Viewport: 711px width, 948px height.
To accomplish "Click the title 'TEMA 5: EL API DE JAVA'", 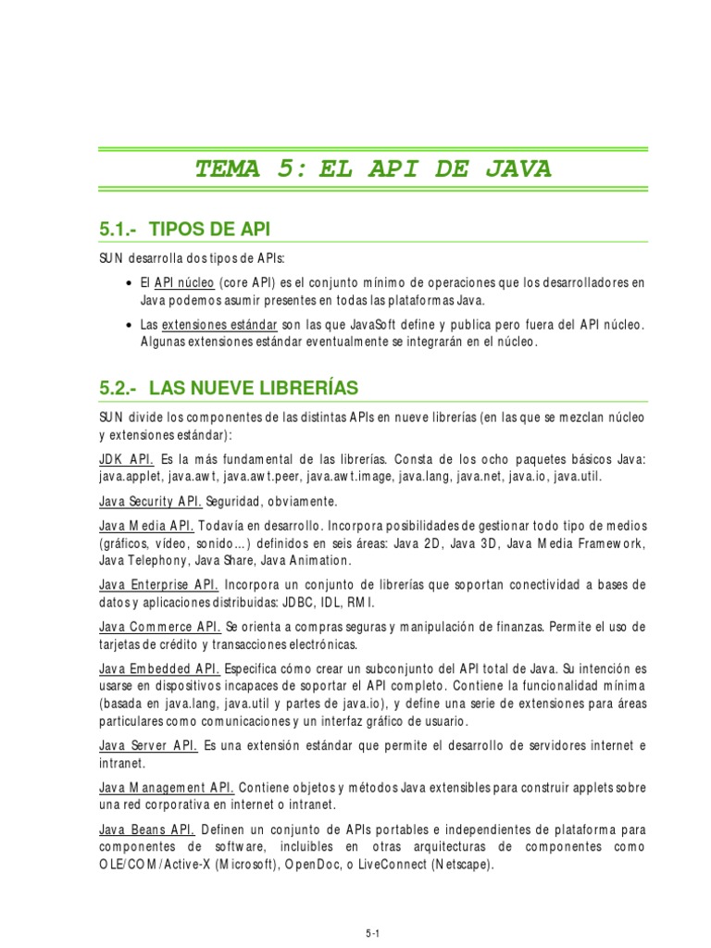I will [x=372, y=168].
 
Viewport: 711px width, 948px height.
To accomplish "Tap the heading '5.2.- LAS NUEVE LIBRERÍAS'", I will [x=228, y=387].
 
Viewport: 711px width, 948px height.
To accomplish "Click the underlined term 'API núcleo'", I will [x=184, y=282].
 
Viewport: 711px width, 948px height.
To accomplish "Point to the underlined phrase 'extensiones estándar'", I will [x=219, y=325].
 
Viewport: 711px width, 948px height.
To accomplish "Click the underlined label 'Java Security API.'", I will [x=150, y=501].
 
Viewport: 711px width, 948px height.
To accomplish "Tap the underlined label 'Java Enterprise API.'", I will [x=158, y=585].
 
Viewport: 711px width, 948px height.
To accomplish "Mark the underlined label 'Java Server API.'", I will [x=147, y=745].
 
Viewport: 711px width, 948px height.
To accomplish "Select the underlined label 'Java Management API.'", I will [x=166, y=787].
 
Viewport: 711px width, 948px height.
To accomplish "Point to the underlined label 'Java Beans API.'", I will [x=146, y=829].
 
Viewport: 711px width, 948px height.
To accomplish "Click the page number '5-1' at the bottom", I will [x=372, y=934].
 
